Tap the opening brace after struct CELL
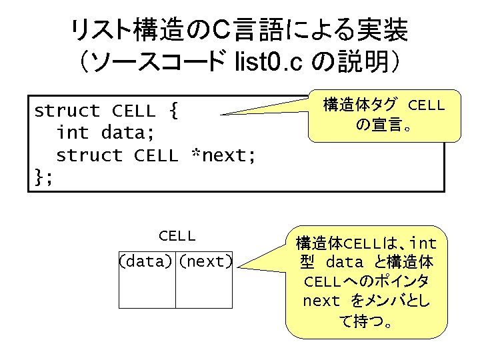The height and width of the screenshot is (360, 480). point(173,110)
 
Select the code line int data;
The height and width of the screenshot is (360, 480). point(105,133)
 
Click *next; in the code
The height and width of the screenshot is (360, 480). point(223,155)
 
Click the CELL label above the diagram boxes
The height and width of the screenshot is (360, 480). point(177,235)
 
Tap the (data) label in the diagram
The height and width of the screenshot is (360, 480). point(147,261)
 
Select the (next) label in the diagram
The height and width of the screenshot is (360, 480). point(205,261)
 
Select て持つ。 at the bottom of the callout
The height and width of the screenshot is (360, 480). point(367,323)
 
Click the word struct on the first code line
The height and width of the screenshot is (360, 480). point(67,110)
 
